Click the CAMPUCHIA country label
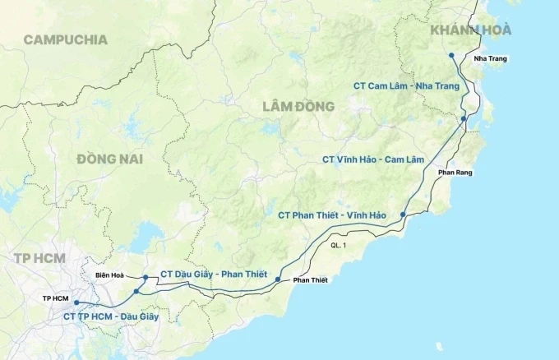click(66, 39)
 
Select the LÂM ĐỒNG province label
click(298, 106)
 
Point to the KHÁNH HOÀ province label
click(470, 30)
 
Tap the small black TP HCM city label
click(57, 296)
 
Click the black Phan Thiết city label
click(310, 280)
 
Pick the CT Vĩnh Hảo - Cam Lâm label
click(365, 159)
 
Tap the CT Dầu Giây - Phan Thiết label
click(213, 274)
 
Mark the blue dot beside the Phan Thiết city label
click(278, 280)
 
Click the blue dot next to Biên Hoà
click(145, 277)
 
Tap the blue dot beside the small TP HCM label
click(76, 302)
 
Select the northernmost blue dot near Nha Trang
click(451, 56)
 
